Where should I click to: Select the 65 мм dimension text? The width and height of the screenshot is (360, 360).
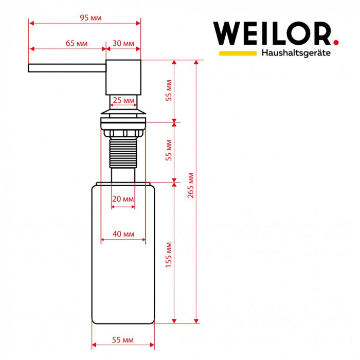point(76,43)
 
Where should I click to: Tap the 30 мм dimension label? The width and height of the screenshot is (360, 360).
point(123,43)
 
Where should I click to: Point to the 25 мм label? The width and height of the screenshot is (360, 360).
point(123,100)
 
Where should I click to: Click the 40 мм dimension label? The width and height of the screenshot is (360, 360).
point(123,234)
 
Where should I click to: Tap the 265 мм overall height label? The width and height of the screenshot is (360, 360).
point(191,185)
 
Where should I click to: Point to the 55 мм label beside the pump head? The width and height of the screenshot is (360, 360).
point(169,91)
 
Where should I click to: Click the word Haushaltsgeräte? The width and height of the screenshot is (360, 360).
point(296,53)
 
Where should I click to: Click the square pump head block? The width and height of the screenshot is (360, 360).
point(123,77)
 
